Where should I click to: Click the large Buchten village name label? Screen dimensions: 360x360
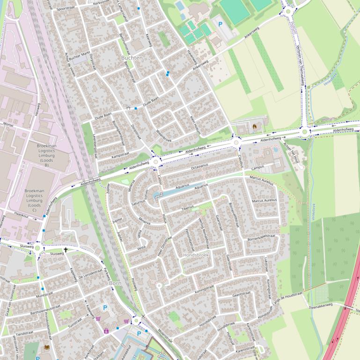point(132,58)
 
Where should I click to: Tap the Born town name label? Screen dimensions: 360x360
point(115,283)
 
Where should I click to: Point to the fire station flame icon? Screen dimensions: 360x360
point(255,126)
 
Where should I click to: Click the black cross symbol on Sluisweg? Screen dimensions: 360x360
point(66,250)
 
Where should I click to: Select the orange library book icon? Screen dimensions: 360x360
point(46,347)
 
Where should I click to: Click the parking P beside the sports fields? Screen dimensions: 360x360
point(220,23)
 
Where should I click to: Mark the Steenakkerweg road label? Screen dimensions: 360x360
point(320,304)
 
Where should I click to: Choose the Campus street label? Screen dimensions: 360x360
point(258,167)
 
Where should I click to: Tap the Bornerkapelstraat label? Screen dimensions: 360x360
point(263,238)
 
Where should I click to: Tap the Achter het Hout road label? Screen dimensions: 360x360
point(295,154)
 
